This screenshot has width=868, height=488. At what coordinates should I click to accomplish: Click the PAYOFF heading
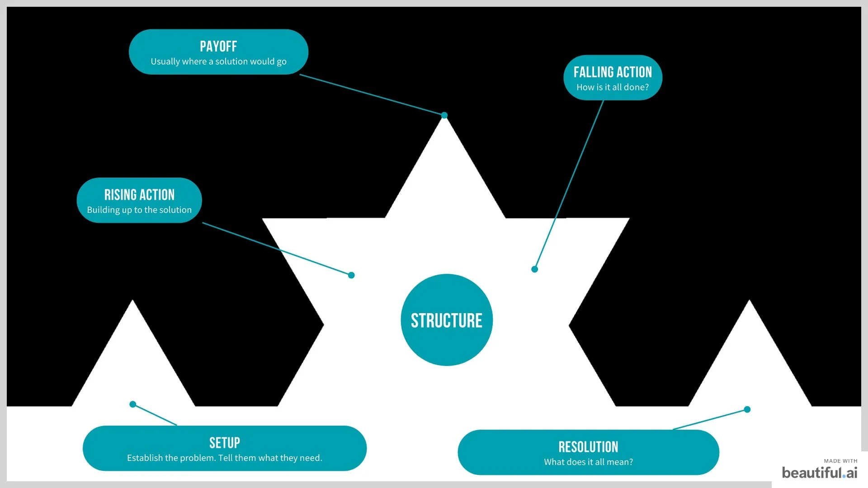tap(218, 47)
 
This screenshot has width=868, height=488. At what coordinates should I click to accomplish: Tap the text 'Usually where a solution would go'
tap(218, 61)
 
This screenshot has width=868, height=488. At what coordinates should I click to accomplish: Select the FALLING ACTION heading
tap(613, 72)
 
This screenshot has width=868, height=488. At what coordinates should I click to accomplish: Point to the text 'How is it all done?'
tap(613, 87)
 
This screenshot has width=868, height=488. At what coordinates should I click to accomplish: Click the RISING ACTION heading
tap(139, 195)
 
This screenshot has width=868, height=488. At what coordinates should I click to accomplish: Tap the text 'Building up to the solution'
tap(139, 210)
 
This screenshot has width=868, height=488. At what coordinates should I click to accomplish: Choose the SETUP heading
tap(225, 443)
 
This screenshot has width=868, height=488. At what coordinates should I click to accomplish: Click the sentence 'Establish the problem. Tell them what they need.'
tap(225, 458)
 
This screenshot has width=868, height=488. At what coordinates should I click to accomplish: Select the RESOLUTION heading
tap(588, 447)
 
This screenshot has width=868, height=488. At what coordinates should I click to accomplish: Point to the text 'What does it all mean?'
tap(588, 462)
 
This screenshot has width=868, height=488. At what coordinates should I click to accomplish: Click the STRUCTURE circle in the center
tap(447, 320)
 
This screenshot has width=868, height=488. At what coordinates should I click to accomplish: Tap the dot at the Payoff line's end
tap(444, 115)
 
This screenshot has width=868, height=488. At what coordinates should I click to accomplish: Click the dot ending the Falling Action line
tap(534, 269)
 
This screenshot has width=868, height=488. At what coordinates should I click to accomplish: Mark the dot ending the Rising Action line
tap(351, 275)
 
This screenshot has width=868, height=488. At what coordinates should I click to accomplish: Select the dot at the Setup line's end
tap(133, 404)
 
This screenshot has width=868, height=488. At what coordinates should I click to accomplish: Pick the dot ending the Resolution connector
tap(747, 409)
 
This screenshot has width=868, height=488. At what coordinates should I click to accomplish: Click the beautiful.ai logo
tap(819, 473)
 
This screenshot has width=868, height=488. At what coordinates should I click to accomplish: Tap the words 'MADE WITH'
tap(840, 461)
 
